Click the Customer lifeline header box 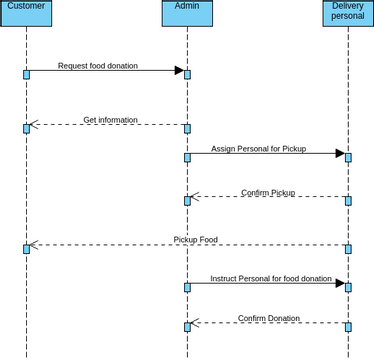point(26,13)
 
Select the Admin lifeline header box point(187,13)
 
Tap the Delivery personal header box point(348,13)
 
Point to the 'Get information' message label point(110,120)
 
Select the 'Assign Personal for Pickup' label point(259,149)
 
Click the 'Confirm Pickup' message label point(268,193)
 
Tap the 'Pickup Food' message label point(195,240)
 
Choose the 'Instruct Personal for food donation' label point(271,279)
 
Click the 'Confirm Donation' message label point(268,318)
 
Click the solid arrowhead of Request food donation point(179,71)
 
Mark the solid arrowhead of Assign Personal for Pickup point(340,154)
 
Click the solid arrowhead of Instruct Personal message point(340,284)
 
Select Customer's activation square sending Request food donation point(26,74)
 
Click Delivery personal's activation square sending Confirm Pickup point(348,201)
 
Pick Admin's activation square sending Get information point(187,129)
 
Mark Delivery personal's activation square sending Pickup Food point(348,249)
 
